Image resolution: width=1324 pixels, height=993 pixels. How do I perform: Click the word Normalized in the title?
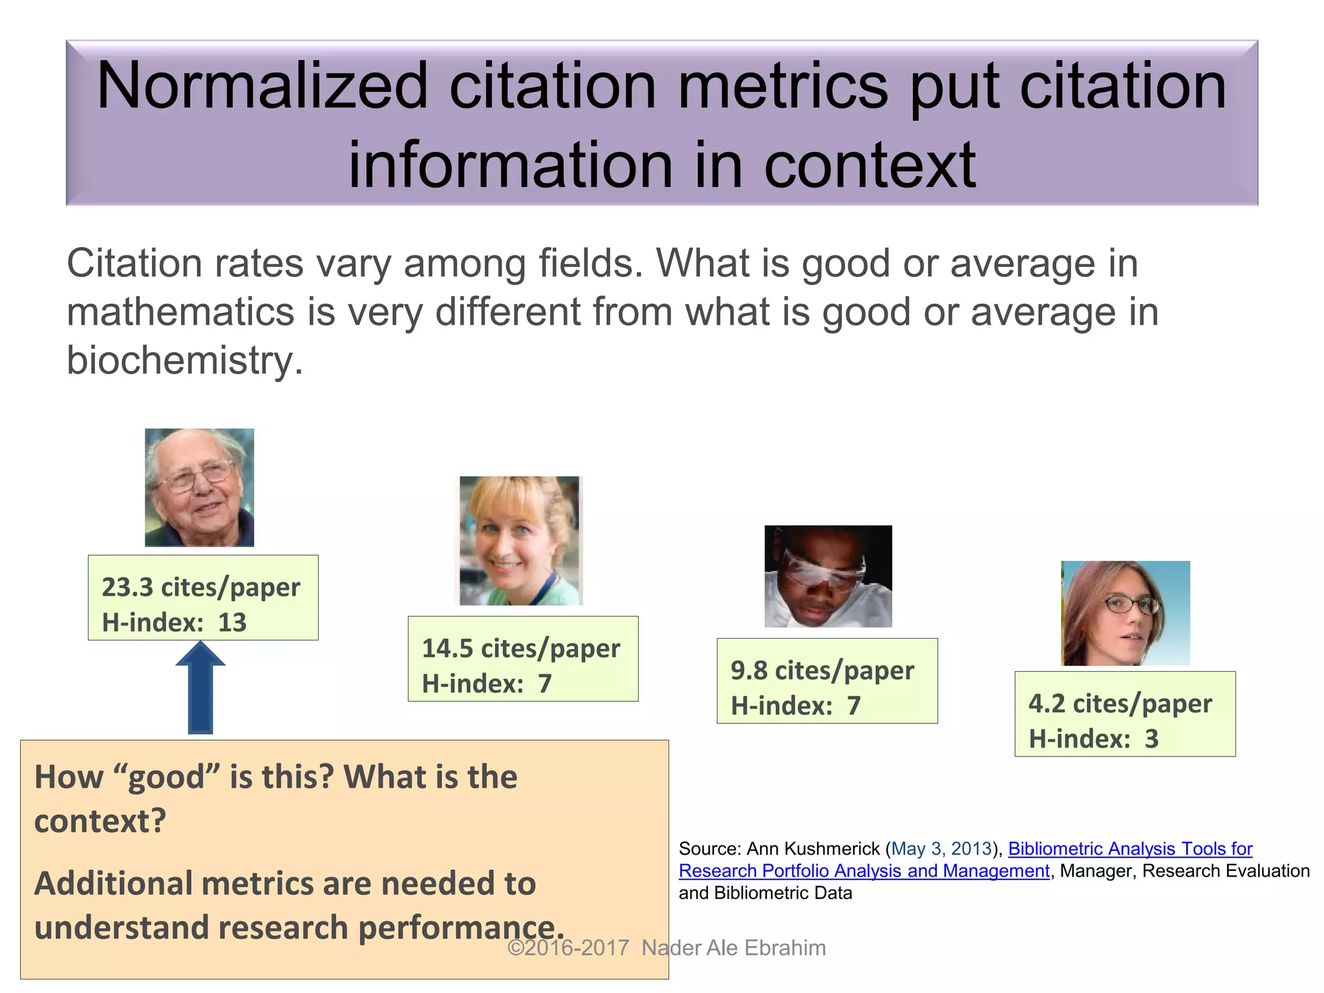pyautogui.click(x=262, y=86)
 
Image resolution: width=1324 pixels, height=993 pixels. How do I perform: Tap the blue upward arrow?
pyautogui.click(x=200, y=689)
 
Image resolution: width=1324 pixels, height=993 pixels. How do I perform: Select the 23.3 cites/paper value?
pyautogui.click(x=201, y=587)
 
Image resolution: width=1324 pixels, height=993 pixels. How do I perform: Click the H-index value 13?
pyautogui.click(x=232, y=623)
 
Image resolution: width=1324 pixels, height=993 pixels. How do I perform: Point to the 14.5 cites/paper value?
pyautogui.click(x=520, y=648)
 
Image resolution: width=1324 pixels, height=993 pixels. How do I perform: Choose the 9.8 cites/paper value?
pyautogui.click(x=822, y=670)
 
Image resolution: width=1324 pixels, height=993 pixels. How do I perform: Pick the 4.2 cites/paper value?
pyautogui.click(x=1120, y=703)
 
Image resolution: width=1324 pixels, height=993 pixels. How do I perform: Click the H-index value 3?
pyautogui.click(x=1151, y=739)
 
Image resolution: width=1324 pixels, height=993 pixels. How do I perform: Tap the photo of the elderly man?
pyautogui.click(x=199, y=487)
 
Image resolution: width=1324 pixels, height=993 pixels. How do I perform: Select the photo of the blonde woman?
pyautogui.click(x=520, y=540)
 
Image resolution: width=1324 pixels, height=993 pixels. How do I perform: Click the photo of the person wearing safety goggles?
pyautogui.click(x=827, y=576)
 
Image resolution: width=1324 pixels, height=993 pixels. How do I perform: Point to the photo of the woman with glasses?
pyautogui.click(x=1125, y=613)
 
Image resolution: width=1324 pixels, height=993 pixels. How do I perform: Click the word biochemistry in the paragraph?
pyautogui.click(x=185, y=360)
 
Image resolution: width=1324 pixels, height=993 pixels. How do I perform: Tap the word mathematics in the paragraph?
pyautogui.click(x=181, y=312)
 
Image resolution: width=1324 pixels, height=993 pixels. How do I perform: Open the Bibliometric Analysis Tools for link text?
pyautogui.click(x=1130, y=848)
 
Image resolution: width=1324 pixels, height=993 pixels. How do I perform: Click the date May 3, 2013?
pyautogui.click(x=941, y=848)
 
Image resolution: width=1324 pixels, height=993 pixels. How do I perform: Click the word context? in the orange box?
pyautogui.click(x=100, y=821)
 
